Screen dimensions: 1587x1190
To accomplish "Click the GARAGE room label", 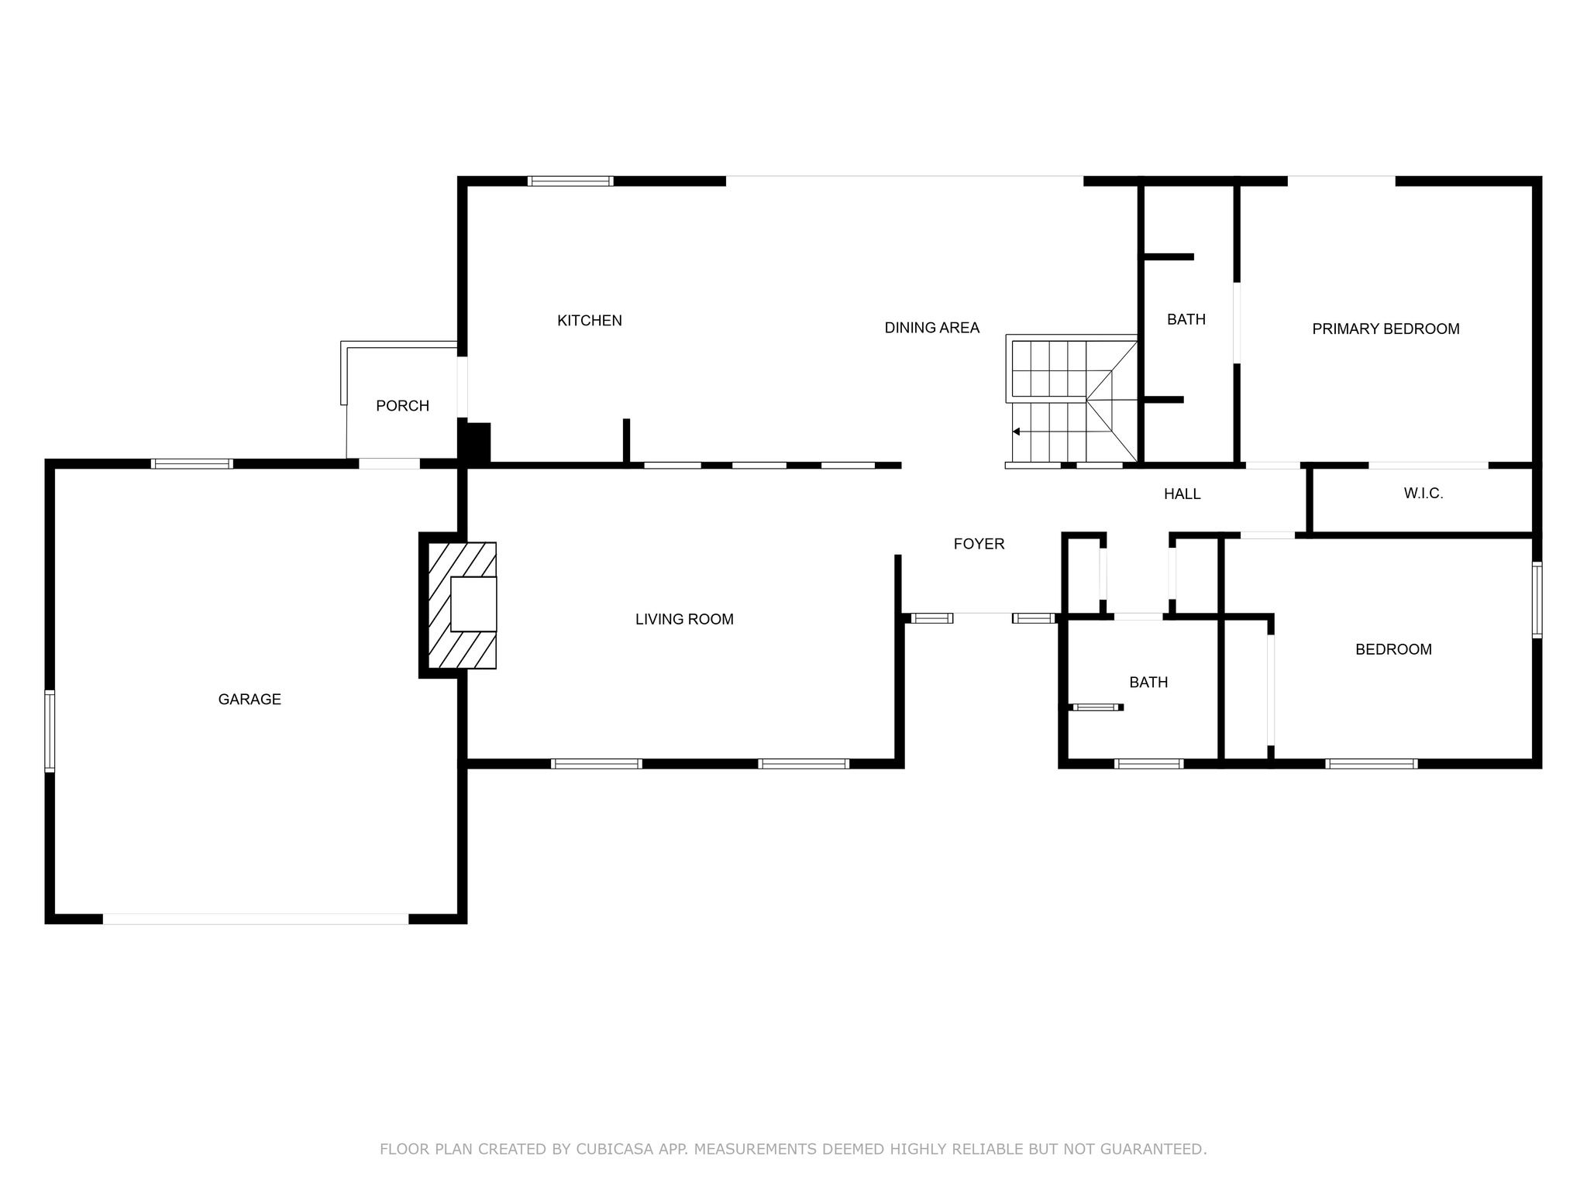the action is [x=250, y=700].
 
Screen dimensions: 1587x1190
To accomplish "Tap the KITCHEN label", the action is [x=590, y=321].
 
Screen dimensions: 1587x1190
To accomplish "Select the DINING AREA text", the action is [x=932, y=328].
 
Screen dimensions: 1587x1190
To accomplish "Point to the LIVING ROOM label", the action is [x=684, y=619].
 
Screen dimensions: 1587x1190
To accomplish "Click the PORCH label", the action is [x=402, y=406].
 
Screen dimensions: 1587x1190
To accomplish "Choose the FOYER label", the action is [x=979, y=544].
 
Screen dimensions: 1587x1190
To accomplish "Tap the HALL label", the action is [x=1183, y=494].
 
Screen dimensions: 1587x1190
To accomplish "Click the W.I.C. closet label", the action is [x=1423, y=494].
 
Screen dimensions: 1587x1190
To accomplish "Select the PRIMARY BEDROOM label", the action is [x=1386, y=329].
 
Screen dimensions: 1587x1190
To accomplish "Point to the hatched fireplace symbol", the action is [x=463, y=605].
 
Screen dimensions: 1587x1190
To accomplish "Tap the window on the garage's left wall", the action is [x=50, y=731].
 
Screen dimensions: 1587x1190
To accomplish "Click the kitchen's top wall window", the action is [x=570, y=181].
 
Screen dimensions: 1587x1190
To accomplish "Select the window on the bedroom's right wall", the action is [x=1537, y=600].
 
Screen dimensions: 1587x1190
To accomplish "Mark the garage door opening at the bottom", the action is [x=256, y=919].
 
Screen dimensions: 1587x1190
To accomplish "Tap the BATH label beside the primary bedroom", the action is [x=1186, y=319].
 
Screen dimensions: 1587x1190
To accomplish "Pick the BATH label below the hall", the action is [x=1148, y=683].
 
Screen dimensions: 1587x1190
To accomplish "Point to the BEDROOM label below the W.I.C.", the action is [x=1393, y=650].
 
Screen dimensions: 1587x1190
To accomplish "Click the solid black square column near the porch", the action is [x=475, y=443].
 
